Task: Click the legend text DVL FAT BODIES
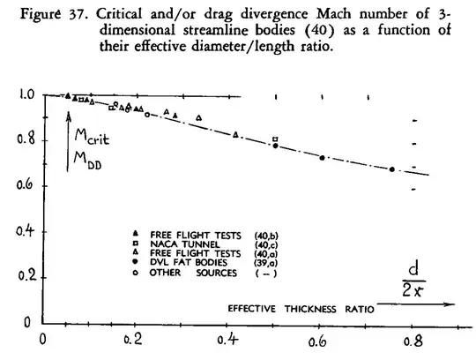[186, 262]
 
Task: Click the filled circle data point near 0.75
[393, 169]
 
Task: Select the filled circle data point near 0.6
[323, 158]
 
